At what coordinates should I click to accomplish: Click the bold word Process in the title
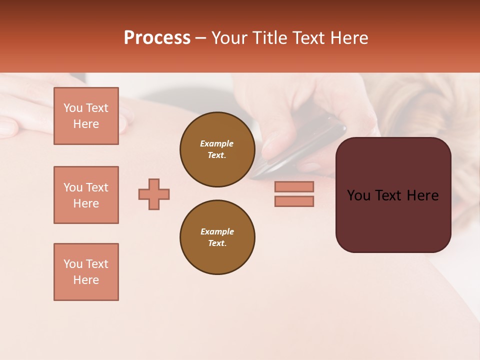[x=157, y=38]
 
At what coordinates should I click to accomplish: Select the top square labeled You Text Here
[x=86, y=116]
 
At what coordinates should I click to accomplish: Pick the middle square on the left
[x=86, y=195]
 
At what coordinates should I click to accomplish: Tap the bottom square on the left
[x=86, y=272]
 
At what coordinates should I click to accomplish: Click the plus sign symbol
[x=154, y=194]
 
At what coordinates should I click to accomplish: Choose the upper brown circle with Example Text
[x=217, y=149]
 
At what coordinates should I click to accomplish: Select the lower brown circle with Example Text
[x=217, y=237]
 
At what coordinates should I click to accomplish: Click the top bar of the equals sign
[x=294, y=186]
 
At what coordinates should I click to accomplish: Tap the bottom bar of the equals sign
[x=294, y=201]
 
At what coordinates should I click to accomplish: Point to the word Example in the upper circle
[x=217, y=143]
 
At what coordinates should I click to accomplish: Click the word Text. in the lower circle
[x=217, y=243]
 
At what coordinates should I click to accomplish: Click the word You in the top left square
[x=73, y=108]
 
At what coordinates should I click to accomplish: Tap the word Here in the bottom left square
[x=86, y=280]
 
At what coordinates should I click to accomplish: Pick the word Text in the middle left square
[x=96, y=187]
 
